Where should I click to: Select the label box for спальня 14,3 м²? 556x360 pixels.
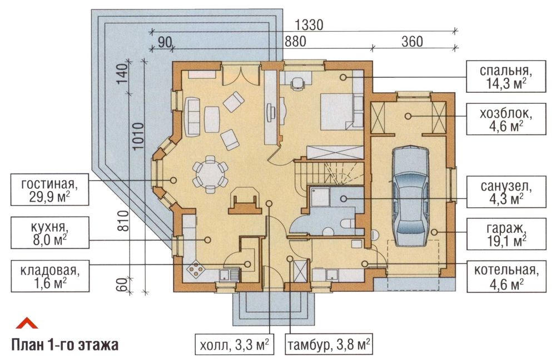(x=506, y=77)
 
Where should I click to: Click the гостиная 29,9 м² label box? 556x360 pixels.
(x=49, y=189)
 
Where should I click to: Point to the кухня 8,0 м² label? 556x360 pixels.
(x=49, y=233)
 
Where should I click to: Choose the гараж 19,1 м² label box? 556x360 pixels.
(x=506, y=234)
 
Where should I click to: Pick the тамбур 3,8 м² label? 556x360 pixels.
(x=329, y=344)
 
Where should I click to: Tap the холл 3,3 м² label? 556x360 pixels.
(x=235, y=344)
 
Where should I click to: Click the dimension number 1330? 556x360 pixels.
(x=309, y=25)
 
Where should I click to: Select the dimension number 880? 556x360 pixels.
(x=295, y=42)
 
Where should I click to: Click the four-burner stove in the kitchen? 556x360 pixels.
(x=196, y=271)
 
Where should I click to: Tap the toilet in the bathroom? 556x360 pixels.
(x=347, y=223)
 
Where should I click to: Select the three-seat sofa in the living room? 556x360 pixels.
(x=192, y=117)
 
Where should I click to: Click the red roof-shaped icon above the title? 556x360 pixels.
(x=27, y=323)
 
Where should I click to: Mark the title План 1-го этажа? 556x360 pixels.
(x=65, y=344)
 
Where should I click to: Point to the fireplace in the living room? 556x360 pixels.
(x=245, y=205)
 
